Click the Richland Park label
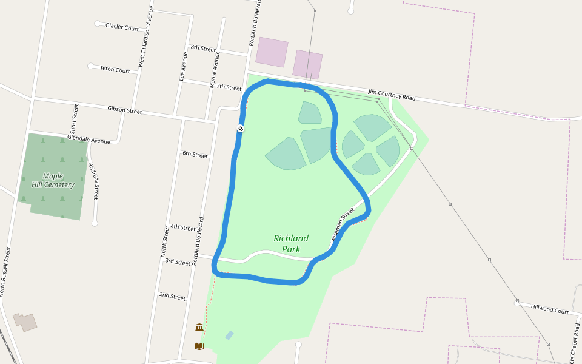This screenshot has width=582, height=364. pos(291,243)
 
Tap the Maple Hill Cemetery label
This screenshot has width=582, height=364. pos(53,180)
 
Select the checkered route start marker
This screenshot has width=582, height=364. pos(241,129)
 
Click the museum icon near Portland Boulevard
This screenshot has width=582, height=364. pos(199,327)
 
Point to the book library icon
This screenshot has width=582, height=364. pos(199,346)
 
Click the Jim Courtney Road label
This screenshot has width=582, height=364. pos(392,95)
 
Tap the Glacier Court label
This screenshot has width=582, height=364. pos(122,27)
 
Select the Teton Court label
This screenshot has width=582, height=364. pos(115,70)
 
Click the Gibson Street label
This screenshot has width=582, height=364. pos(124,110)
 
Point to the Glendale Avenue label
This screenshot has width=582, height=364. pos(89,140)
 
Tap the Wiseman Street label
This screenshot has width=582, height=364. pos(343,226)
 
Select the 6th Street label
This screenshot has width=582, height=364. pos(195,155)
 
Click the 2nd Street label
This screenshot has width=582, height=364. pos(172,296)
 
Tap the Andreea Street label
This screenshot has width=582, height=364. pos(93,181)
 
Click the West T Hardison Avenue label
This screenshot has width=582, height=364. pos(145,36)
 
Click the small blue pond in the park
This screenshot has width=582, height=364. pos(229,335)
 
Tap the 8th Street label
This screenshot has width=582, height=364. pos(203,48)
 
